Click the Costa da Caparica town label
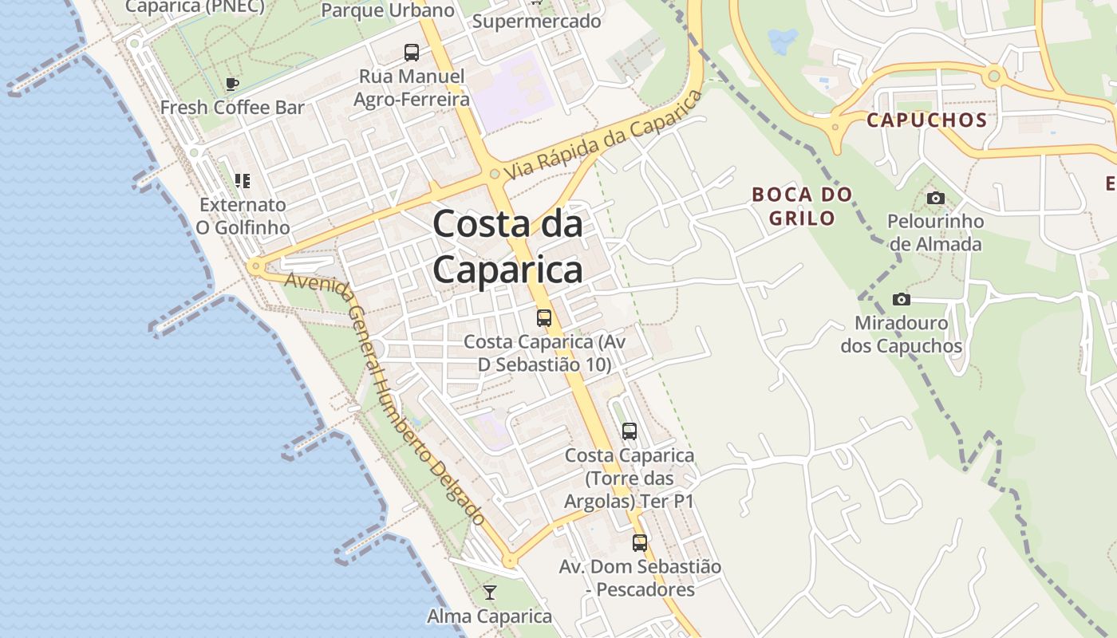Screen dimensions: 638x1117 (507, 246)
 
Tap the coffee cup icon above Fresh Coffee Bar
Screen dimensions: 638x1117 (232, 84)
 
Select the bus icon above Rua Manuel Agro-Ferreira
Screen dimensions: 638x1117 (412, 53)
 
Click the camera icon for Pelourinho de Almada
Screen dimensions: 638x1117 (935, 198)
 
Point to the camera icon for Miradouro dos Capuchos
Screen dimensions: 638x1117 (902, 299)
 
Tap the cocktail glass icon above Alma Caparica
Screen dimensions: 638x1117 (490, 592)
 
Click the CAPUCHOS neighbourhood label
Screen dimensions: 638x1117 (926, 120)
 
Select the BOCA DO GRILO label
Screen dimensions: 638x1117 (802, 206)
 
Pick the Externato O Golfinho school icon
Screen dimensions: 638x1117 (243, 181)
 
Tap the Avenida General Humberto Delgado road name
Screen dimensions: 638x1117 (385, 399)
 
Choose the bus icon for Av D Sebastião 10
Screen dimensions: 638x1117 (544, 318)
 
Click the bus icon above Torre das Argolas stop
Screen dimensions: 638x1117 (630, 431)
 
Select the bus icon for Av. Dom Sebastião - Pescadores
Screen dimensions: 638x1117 (640, 543)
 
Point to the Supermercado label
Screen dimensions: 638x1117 (536, 22)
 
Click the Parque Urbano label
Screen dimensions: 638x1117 (388, 10)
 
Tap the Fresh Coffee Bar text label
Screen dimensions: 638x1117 (232, 107)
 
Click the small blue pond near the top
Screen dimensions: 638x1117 (782, 39)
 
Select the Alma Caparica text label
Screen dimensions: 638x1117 (490, 616)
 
